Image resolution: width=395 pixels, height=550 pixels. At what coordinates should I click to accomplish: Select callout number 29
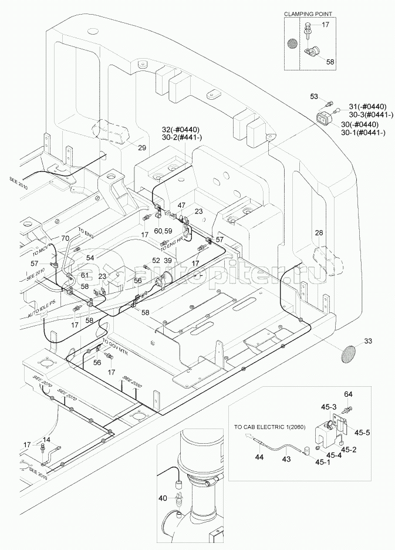tap(141, 147)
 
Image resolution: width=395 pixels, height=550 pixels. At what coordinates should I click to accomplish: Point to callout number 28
tap(319, 234)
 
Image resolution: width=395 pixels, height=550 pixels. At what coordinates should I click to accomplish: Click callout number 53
tap(314, 96)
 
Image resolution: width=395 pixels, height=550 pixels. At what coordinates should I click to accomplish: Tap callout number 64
tap(348, 393)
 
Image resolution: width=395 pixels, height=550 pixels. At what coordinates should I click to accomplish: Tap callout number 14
tap(46, 440)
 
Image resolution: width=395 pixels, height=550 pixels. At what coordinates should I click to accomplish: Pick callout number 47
tap(182, 205)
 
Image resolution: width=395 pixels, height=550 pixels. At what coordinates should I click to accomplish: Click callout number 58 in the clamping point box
tap(330, 62)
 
